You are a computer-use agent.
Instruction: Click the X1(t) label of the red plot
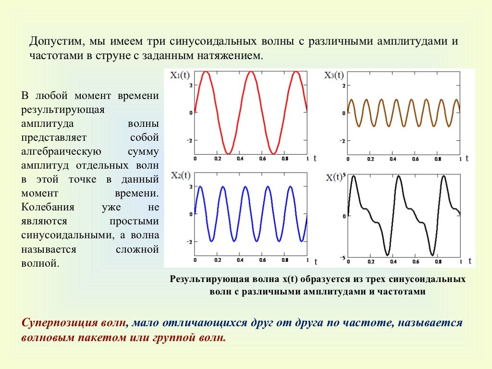coord(180,75)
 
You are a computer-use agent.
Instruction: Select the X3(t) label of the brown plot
coord(334,75)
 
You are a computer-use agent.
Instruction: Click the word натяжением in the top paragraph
coord(232,56)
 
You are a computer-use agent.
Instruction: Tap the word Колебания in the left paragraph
coord(48,208)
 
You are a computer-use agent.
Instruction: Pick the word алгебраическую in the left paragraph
coord(61,152)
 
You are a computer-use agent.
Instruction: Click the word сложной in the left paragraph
coord(137,249)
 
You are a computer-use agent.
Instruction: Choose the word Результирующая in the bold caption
coord(209,279)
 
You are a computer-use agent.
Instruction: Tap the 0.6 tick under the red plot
coord(262,159)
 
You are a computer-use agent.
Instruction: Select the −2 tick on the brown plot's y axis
coord(342,141)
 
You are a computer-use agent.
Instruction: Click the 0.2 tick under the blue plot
coord(218,260)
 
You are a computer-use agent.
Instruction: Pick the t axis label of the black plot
coord(469,261)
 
